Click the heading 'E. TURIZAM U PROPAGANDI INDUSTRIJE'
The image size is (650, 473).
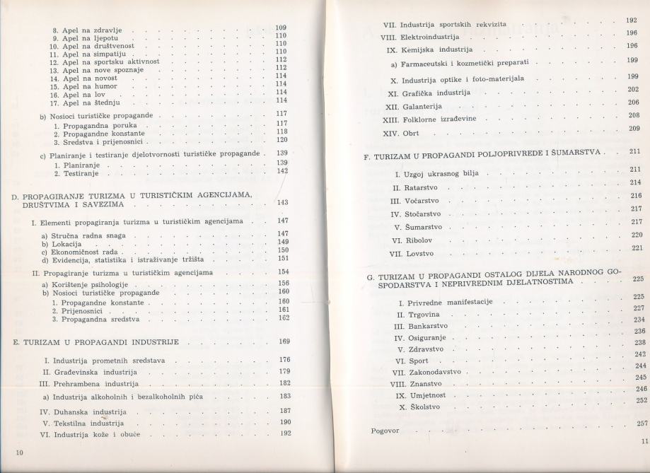(x=100, y=341)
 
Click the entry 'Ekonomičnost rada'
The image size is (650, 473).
(x=81, y=250)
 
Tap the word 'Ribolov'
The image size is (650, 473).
(x=421, y=241)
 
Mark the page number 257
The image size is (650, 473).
(x=642, y=424)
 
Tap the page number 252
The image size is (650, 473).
(x=642, y=400)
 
